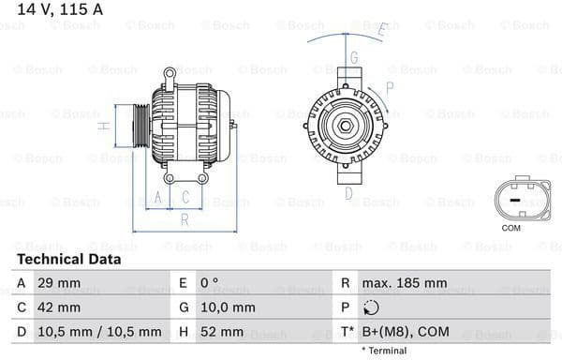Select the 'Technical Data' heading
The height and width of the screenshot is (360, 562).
tap(68, 259)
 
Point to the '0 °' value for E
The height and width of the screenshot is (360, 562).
tap(209, 282)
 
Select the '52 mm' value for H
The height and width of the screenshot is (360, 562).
tap(221, 331)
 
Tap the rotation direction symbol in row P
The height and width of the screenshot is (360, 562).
tap(372, 307)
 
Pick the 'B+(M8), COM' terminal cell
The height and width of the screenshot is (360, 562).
tap(407, 331)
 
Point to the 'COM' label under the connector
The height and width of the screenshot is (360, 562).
tap(510, 228)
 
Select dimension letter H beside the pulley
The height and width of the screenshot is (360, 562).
tap(106, 126)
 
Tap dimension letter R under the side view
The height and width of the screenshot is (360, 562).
tap(185, 219)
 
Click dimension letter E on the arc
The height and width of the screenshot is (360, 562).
tap(383, 30)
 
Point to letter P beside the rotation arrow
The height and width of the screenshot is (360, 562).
tap(389, 87)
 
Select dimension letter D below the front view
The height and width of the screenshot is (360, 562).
tap(348, 194)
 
